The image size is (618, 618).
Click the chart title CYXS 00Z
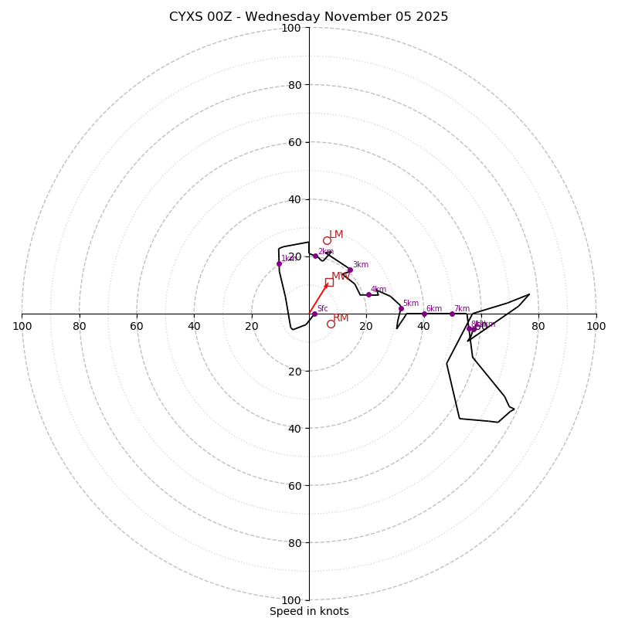(x=308, y=17)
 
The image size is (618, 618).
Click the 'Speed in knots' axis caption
(x=309, y=611)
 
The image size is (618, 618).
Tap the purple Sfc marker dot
(x=314, y=314)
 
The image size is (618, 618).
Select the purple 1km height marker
(x=279, y=263)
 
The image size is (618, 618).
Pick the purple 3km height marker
(x=350, y=270)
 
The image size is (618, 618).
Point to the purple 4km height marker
(x=368, y=294)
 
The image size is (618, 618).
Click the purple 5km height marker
(x=401, y=308)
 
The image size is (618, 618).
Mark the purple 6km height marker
(x=424, y=314)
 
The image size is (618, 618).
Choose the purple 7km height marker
(x=452, y=314)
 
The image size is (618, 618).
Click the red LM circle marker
(x=327, y=240)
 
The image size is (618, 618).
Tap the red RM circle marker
(x=331, y=324)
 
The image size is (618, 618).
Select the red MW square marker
(x=329, y=282)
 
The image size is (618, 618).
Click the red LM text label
(x=336, y=235)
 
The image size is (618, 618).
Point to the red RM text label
(x=341, y=318)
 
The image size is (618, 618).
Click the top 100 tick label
(x=291, y=28)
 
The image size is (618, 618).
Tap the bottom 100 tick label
(x=291, y=600)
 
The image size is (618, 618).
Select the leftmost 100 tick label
(x=22, y=326)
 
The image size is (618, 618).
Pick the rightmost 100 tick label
(x=596, y=326)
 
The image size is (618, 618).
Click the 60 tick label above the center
(x=294, y=142)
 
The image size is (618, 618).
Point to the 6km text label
(x=434, y=309)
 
